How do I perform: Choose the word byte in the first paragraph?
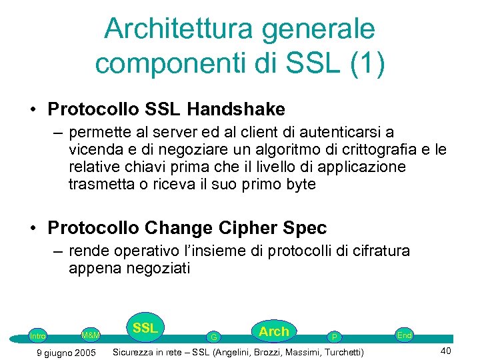297,184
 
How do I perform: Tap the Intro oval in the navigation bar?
38,336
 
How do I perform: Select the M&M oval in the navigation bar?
90,334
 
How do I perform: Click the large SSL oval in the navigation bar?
145,328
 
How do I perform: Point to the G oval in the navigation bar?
213,337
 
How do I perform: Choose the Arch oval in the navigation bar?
273,331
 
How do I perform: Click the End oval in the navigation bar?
404,335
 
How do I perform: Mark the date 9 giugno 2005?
65,352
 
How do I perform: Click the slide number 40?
447,351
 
